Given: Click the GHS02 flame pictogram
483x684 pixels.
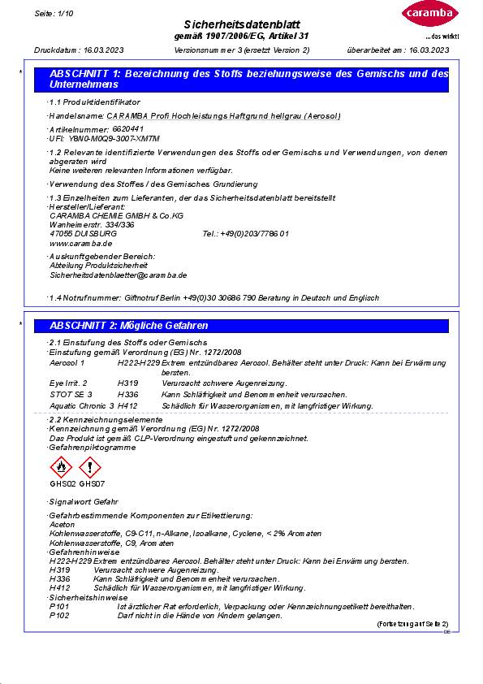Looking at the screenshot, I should pos(61,468).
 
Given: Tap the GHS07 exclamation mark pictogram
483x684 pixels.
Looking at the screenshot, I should pos(90,468).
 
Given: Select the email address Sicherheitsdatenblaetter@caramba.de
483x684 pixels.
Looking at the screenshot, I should pos(119,275).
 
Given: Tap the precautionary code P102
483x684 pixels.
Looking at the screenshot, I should pos(59,616).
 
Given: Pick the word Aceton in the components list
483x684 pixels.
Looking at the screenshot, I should pos(62,525).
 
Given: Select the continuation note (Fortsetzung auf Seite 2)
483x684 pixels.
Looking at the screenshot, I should pos(412,624).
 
